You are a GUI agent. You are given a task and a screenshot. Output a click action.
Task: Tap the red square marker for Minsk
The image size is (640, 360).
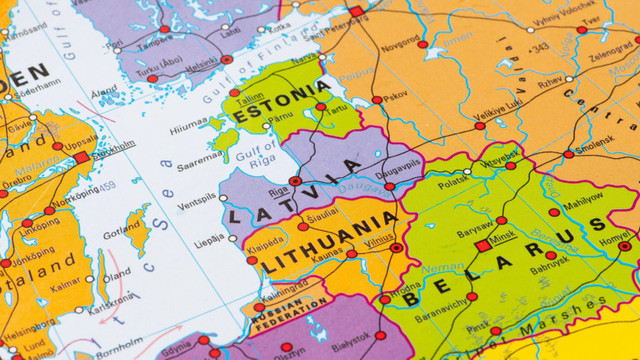482,245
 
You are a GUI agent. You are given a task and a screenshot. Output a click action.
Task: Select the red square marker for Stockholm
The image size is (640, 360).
82,157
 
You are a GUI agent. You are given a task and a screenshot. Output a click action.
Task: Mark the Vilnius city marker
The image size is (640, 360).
397,247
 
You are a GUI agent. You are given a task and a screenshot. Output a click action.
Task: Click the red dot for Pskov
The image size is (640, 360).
376,100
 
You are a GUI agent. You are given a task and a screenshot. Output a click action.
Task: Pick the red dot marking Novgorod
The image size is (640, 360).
422,45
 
